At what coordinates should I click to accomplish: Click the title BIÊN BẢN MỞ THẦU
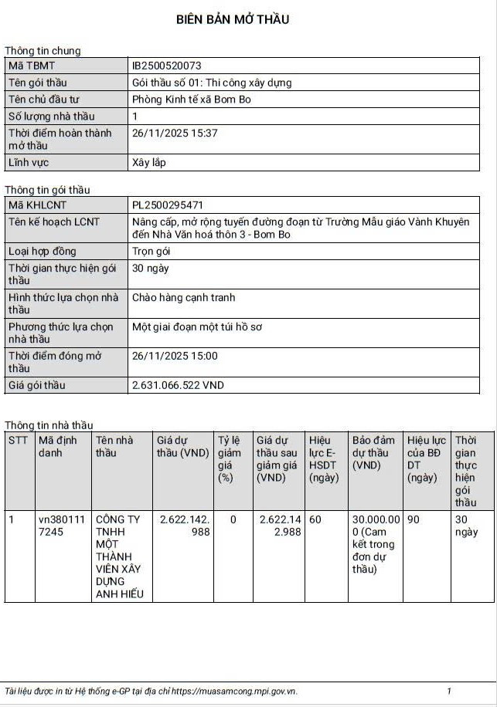(233, 19)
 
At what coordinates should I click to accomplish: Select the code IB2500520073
(167, 66)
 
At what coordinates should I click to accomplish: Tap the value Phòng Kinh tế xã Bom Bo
(192, 100)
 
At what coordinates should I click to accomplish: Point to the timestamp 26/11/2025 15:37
(175, 134)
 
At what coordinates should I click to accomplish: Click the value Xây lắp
(149, 163)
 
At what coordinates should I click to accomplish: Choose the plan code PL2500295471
(168, 205)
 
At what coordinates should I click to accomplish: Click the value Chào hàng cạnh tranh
(184, 298)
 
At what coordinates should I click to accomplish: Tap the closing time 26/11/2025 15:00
(175, 357)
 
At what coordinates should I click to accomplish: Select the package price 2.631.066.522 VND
(179, 385)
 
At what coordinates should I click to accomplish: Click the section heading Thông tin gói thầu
(47, 190)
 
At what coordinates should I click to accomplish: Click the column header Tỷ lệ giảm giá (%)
(230, 459)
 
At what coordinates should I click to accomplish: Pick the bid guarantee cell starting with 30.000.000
(376, 544)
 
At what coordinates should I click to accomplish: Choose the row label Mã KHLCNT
(37, 205)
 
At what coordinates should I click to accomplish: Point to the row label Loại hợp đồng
(43, 252)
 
